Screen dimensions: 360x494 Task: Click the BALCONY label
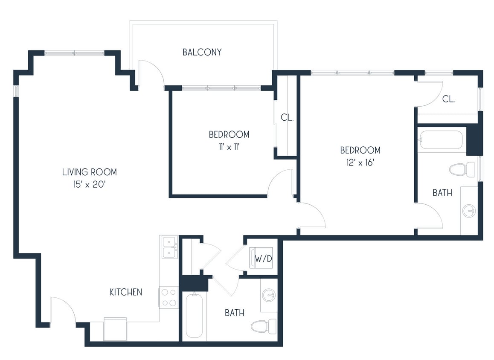click(202, 52)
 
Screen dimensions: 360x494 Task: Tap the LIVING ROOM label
click(89, 172)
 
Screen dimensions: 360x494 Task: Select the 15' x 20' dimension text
click(89, 185)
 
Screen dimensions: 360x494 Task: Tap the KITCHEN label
click(126, 292)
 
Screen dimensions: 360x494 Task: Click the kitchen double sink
click(169, 247)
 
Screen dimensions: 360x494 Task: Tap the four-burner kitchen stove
click(169, 297)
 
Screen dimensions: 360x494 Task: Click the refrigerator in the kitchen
click(115, 329)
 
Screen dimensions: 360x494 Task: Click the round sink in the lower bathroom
click(269, 294)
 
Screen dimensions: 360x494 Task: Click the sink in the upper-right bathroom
click(469, 210)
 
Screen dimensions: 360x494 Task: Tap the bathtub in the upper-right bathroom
click(441, 140)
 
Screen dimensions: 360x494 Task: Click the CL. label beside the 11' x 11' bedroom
click(287, 118)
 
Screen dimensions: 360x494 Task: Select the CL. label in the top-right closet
click(449, 99)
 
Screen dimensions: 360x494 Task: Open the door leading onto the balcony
click(151, 75)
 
